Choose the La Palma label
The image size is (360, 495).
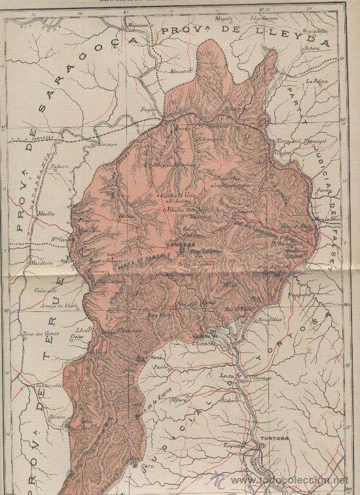coord(315,82)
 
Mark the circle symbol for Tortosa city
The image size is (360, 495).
coord(261,446)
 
